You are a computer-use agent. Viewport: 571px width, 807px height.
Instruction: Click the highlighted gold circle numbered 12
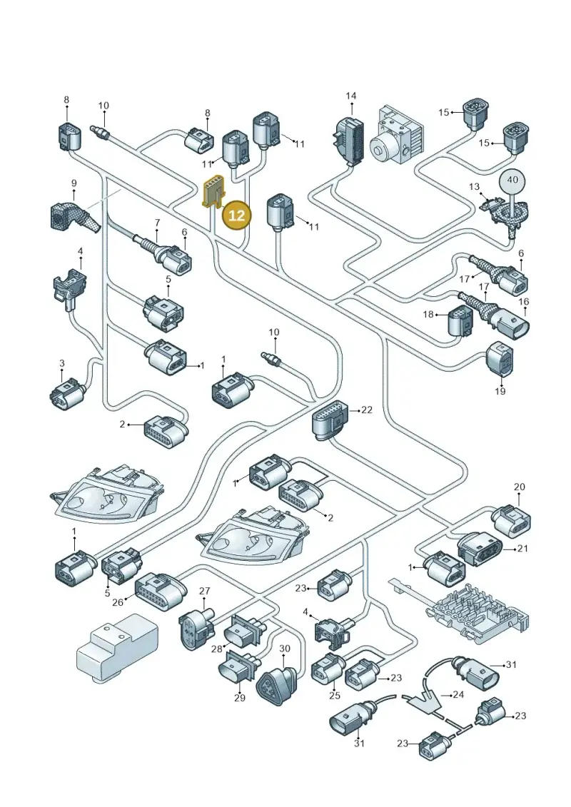[x=236, y=215]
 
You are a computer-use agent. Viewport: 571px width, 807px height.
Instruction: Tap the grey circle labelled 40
[x=512, y=180]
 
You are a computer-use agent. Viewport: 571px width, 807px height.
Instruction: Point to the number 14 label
[x=350, y=96]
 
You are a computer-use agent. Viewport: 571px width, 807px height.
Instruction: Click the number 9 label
[x=74, y=183]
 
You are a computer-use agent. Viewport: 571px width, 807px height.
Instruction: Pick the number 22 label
[x=367, y=410]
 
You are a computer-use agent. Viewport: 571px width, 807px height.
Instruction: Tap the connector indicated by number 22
[x=330, y=420]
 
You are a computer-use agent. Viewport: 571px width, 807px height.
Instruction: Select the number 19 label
[x=500, y=391]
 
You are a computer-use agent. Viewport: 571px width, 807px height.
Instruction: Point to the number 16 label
[x=524, y=302]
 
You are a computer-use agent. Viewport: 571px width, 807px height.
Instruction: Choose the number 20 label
[x=519, y=487]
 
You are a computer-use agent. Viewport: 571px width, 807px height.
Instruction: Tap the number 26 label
[x=118, y=602]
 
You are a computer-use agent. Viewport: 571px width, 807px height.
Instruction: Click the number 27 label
[x=204, y=591]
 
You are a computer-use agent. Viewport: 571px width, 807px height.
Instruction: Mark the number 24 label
[x=458, y=694]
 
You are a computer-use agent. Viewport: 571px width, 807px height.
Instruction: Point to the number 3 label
[x=62, y=363]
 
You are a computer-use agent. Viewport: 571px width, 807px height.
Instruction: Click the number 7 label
[x=157, y=223]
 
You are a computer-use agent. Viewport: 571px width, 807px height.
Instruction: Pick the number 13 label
[x=474, y=186]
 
